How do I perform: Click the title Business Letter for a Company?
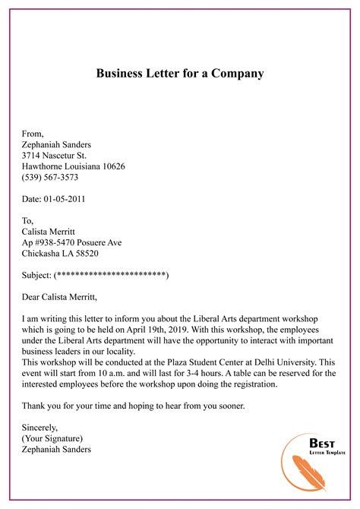click(180, 74)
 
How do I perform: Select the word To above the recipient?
click(28, 221)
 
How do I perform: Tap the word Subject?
click(36, 275)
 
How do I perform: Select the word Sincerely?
click(40, 428)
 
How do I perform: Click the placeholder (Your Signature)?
click(52, 438)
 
